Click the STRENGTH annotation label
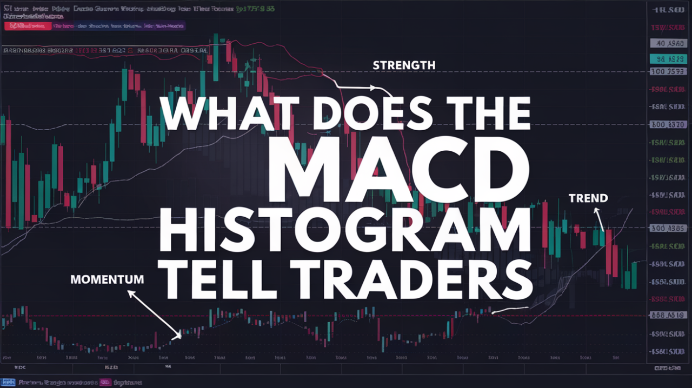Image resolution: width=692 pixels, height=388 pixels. pos(404,65)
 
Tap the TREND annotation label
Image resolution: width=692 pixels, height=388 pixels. pos(588,198)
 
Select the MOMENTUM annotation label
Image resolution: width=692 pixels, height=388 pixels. pos(107,280)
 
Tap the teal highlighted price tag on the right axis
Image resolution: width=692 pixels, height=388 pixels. pos(664,59)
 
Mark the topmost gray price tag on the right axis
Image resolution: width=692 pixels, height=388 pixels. pos(664,44)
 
